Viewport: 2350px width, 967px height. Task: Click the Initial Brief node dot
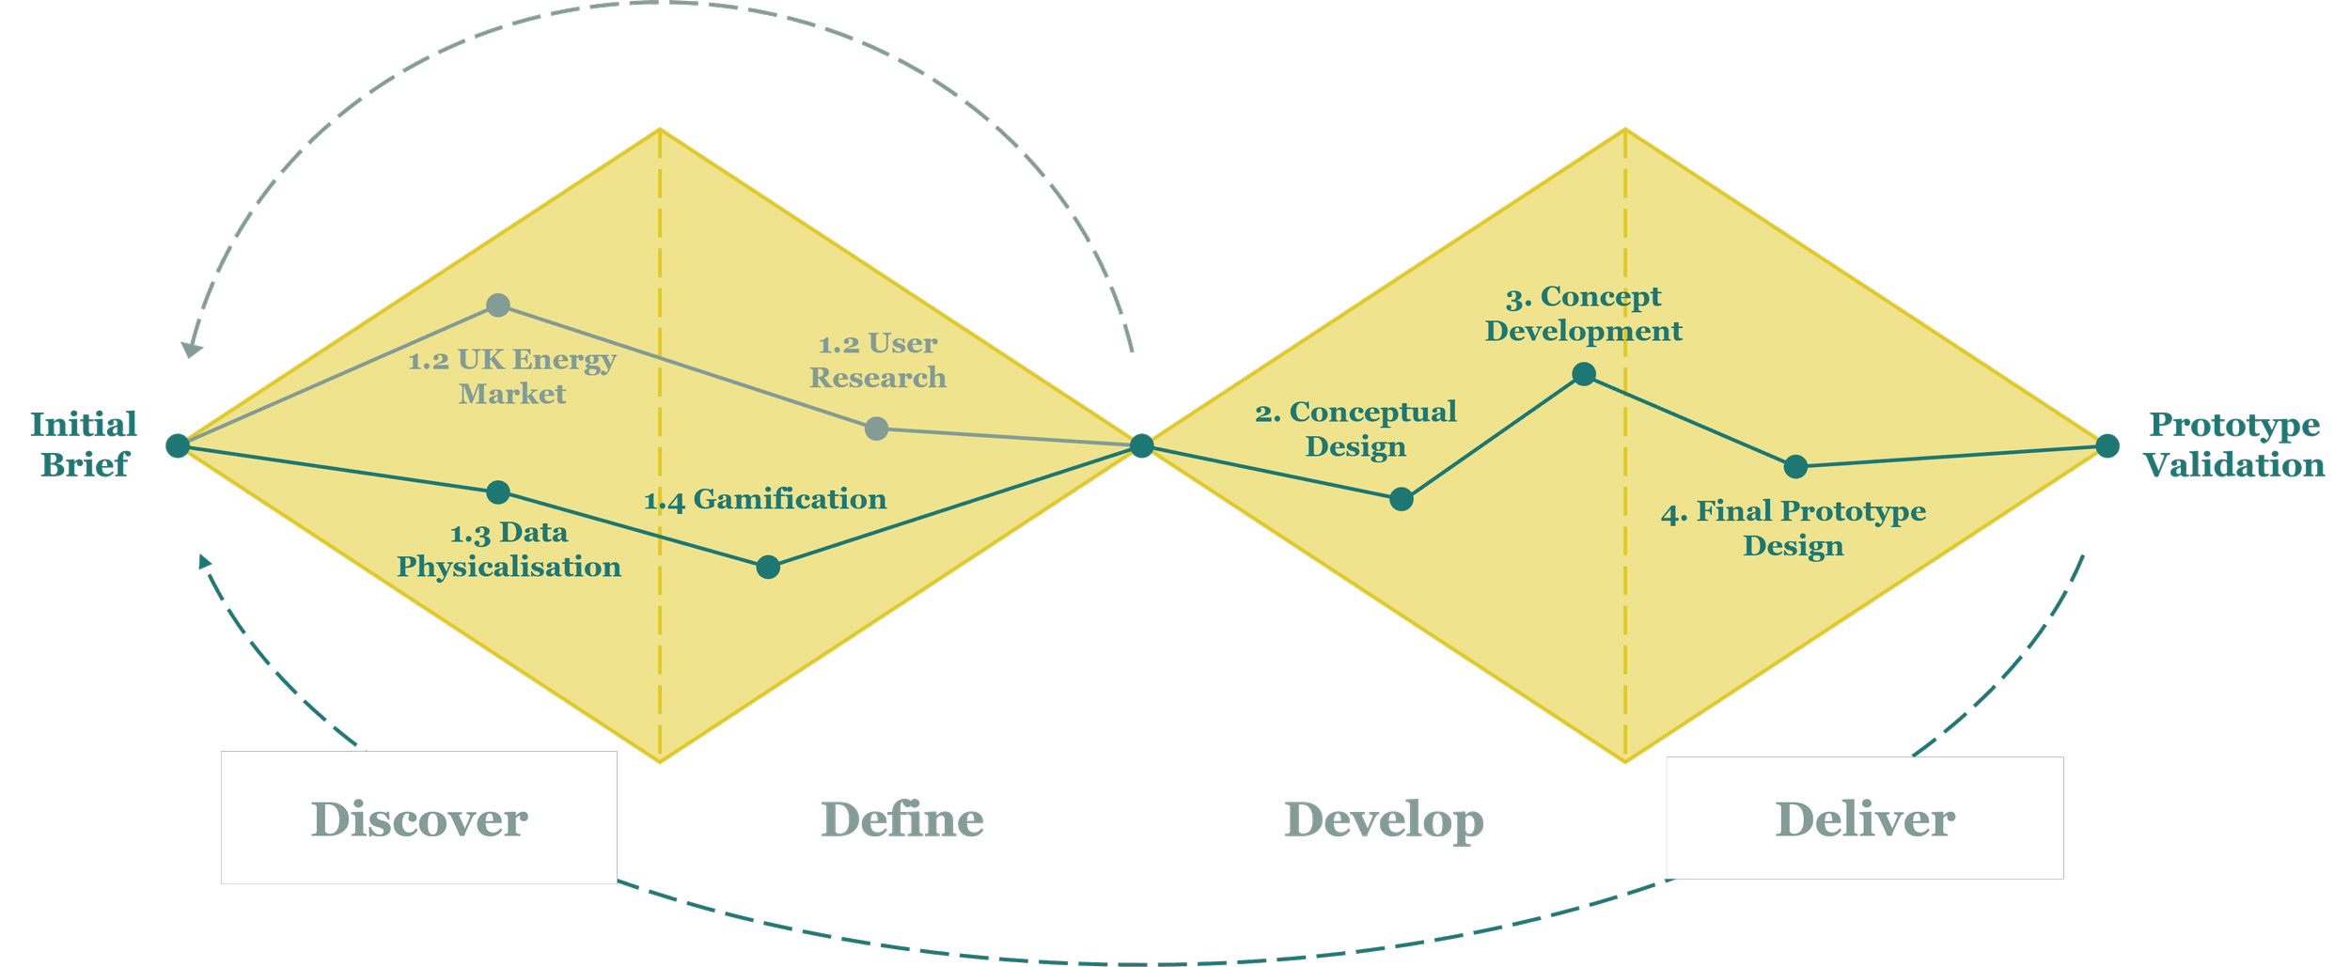(x=178, y=445)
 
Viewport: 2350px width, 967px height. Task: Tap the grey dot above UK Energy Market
(x=498, y=304)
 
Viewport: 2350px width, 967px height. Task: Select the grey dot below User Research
(x=876, y=429)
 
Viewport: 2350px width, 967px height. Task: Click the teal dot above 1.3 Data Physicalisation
(x=498, y=492)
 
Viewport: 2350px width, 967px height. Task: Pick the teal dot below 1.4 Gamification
(x=768, y=567)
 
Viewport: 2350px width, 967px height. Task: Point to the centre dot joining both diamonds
(x=1142, y=445)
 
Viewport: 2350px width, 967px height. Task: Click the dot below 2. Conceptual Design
(x=1402, y=499)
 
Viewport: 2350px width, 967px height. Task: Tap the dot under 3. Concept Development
(x=1584, y=374)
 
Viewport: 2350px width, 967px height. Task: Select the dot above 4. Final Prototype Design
(x=1795, y=466)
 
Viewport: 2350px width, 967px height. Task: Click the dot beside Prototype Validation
(x=2107, y=445)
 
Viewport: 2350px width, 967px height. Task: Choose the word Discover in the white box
(x=419, y=819)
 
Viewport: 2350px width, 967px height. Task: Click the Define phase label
(x=902, y=819)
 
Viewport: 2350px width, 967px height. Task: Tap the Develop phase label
(x=1384, y=820)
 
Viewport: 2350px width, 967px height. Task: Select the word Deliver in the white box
(x=1865, y=819)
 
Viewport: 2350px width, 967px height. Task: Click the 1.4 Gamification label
(x=765, y=499)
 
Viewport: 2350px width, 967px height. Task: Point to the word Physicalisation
(x=509, y=567)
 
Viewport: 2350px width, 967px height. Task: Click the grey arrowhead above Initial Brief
(x=193, y=350)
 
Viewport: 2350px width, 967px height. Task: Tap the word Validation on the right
(x=2234, y=465)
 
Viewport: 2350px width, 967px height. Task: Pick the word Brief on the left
(x=85, y=465)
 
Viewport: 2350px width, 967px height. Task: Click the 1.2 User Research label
(x=878, y=361)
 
